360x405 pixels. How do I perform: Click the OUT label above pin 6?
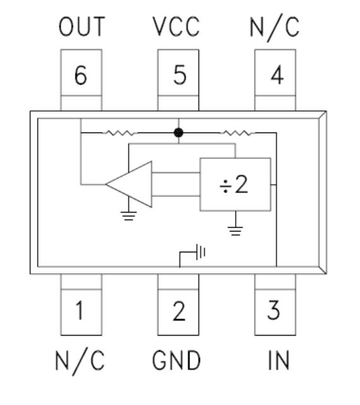click(x=81, y=26)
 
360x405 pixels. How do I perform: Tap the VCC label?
click(x=176, y=26)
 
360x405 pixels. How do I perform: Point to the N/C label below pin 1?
click(x=80, y=361)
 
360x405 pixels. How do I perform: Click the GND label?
click(x=176, y=360)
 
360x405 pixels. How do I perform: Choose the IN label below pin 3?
click(x=279, y=360)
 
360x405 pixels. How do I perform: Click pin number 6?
click(x=80, y=75)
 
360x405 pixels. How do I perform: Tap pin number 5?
click(x=180, y=75)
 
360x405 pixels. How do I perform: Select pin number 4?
click(x=277, y=75)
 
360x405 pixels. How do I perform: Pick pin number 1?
click(x=80, y=310)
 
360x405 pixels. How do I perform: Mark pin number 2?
click(x=179, y=311)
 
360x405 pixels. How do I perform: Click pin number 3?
click(x=273, y=310)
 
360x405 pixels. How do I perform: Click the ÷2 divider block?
click(x=236, y=184)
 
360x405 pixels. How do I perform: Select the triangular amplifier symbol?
click(x=129, y=184)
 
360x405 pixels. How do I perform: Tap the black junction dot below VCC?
click(x=179, y=132)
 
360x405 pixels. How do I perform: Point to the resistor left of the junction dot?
click(x=120, y=133)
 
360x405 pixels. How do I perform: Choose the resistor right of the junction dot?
click(x=237, y=133)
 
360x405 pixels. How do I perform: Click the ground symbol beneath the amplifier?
click(x=129, y=216)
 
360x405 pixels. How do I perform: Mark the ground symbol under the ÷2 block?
click(x=236, y=231)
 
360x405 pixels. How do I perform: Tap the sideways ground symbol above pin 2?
click(x=201, y=252)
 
